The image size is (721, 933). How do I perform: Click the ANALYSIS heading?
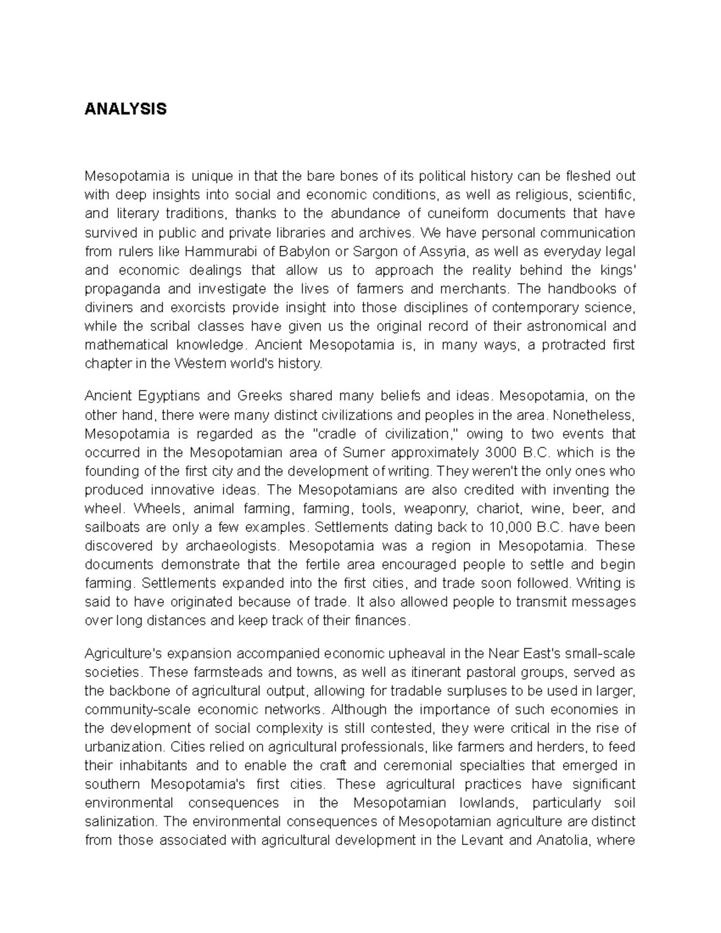click(x=125, y=109)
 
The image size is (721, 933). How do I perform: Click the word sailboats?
click(x=112, y=527)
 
